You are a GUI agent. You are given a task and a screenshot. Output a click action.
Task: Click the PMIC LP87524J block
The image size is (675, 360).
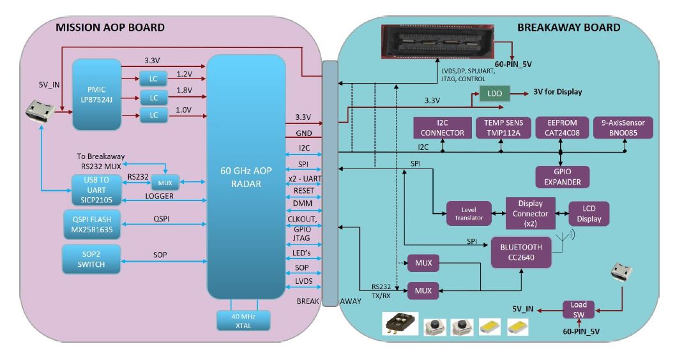click(96, 94)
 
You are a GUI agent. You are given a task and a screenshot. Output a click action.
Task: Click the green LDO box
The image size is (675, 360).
click(496, 93)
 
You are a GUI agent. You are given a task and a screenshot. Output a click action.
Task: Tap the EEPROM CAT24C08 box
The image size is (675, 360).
click(560, 128)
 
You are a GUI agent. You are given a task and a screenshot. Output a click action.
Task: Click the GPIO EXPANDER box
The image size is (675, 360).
click(563, 177)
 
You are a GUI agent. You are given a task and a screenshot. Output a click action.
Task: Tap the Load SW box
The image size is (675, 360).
click(579, 309)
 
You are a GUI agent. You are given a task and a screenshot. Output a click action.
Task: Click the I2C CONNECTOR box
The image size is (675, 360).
click(442, 128)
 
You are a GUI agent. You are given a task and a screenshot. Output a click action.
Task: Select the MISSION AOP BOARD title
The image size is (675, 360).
click(110, 27)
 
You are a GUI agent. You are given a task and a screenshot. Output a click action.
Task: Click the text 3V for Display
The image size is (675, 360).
click(557, 92)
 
